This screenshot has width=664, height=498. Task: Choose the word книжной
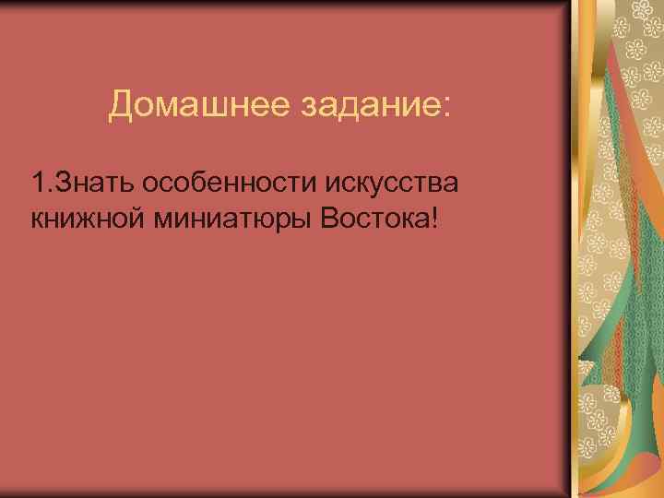point(84,220)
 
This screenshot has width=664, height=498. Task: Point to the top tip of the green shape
point(609,55)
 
